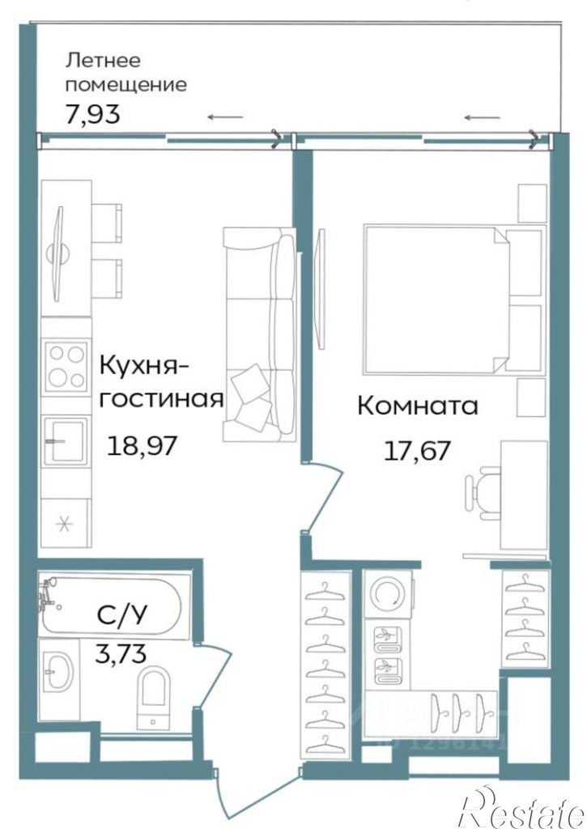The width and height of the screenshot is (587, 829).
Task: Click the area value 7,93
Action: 92,113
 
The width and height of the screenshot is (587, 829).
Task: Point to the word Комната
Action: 418,406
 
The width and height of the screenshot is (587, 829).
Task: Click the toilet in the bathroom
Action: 153,694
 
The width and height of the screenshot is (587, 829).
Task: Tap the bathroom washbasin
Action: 58,673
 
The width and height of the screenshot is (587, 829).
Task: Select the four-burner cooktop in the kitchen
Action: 66,367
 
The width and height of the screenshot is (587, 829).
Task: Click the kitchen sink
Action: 66,441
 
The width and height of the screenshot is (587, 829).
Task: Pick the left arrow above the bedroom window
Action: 482,117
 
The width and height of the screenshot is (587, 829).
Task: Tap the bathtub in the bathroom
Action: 115,606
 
